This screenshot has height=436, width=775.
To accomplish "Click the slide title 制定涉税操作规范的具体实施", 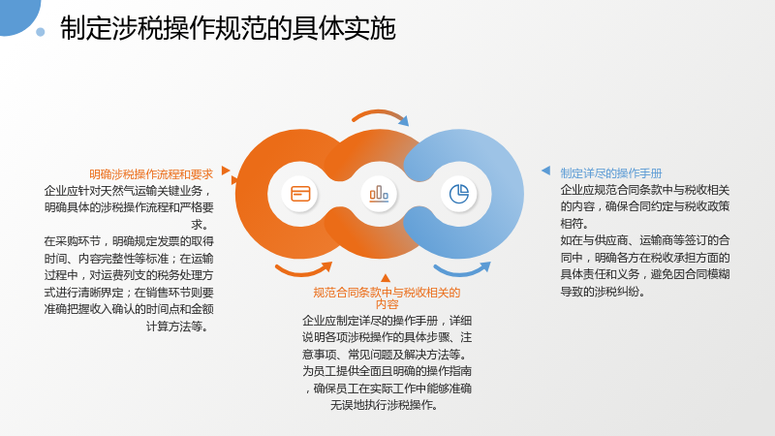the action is coord(228,28).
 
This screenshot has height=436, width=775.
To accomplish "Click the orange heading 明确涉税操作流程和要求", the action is coord(151,174).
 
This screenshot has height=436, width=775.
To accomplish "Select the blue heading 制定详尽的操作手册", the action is coord(611,173).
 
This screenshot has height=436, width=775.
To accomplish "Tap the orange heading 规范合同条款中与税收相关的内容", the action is coord(387,298).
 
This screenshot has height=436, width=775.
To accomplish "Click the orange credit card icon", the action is coord(300,194).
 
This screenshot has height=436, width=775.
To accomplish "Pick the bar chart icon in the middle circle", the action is coord(379,194).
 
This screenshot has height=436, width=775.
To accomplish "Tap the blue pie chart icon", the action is coord(458,194).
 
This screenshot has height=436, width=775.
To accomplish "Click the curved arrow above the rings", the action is coord(380,114).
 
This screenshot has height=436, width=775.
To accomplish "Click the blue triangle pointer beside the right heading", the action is coord(546,171).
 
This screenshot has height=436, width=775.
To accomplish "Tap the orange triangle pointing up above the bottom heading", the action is coord(386,278).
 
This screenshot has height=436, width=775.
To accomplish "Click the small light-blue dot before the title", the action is coord(41,32).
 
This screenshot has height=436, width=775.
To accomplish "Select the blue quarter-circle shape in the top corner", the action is coord(17,15).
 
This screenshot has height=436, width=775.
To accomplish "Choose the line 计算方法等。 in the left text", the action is coord(176,327).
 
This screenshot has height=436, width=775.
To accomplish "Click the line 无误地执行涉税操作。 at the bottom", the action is coord(384,405).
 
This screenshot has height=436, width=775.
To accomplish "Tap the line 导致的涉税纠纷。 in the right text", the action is coord(603,292).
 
